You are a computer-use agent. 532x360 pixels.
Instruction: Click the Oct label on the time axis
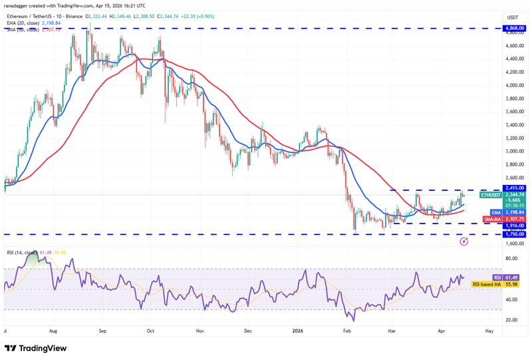(151, 329)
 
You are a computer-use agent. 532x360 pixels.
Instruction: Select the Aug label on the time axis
(54, 329)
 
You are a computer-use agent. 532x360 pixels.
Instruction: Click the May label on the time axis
(489, 329)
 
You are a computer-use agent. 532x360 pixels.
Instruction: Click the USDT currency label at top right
(513, 17)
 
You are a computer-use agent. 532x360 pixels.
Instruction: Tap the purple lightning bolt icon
(464, 242)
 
